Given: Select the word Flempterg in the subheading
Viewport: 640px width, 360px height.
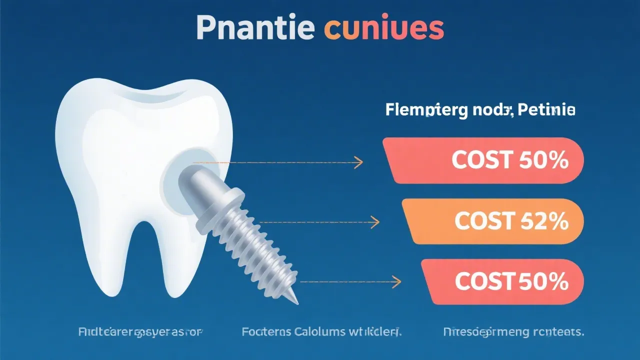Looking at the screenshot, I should pyautogui.click(x=421, y=110).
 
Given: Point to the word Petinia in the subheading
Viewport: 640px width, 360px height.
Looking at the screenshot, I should pyautogui.click(x=549, y=110).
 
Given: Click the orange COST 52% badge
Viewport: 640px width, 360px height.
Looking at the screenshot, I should pyautogui.click(x=492, y=221).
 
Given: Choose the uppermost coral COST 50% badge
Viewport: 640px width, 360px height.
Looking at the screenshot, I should pyautogui.click(x=483, y=160).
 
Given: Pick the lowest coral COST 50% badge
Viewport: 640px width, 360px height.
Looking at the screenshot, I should pyautogui.click(x=502, y=282).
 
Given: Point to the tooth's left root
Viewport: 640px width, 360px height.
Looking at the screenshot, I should pyautogui.click(x=99, y=250).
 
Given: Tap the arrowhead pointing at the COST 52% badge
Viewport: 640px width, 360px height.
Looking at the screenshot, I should pyautogui.click(x=375, y=221).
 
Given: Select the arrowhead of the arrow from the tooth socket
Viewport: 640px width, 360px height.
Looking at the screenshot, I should pyautogui.click(x=359, y=162).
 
